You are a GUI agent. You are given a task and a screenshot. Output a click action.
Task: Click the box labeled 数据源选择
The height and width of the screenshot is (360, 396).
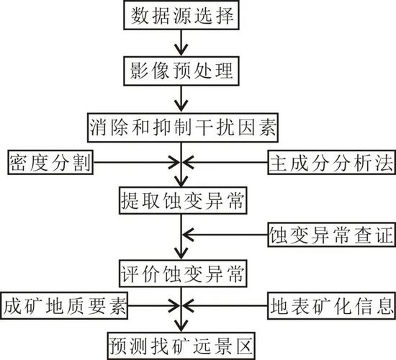click(x=181, y=15)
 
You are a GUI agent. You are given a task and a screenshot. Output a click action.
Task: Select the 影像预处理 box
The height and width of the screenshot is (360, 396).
click(x=181, y=71)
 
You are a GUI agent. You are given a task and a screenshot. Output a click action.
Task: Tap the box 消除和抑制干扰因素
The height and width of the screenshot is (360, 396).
click(x=183, y=127)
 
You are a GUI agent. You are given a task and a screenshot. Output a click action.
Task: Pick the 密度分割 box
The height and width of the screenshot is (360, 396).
click(x=50, y=162)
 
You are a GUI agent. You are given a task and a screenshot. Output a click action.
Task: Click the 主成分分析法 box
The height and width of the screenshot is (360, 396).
click(x=332, y=162)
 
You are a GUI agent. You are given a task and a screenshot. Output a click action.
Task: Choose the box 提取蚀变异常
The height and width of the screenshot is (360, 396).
click(x=183, y=200)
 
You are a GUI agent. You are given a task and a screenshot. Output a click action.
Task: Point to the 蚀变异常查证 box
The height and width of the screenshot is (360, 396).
click(x=331, y=235)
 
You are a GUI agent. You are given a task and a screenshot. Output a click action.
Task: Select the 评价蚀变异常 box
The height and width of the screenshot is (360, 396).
click(x=183, y=274)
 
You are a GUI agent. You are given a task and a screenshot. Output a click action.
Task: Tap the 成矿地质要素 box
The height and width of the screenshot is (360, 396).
click(x=64, y=306)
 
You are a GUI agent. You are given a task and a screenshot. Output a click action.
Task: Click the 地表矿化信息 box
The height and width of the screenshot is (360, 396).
click(x=332, y=306)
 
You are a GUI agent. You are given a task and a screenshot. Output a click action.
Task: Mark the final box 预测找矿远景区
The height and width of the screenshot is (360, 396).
click(x=181, y=346)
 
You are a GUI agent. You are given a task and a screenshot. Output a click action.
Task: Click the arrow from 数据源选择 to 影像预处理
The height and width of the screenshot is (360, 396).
click(x=181, y=43)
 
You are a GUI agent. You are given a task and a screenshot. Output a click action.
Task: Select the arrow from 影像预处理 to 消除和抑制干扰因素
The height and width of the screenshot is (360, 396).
click(x=181, y=99)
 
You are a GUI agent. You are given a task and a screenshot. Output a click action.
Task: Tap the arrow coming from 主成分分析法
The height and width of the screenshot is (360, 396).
click(x=225, y=162)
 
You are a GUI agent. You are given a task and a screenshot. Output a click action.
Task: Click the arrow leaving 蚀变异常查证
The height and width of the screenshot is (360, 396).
click(x=225, y=235)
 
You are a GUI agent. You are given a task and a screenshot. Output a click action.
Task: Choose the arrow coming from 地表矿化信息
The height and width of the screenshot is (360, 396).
click(x=225, y=306)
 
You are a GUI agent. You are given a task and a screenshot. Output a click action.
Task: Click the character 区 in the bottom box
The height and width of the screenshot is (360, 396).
click(x=244, y=346)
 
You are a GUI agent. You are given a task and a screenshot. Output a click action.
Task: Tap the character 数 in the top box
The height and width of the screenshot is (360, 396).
click(x=139, y=15)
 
